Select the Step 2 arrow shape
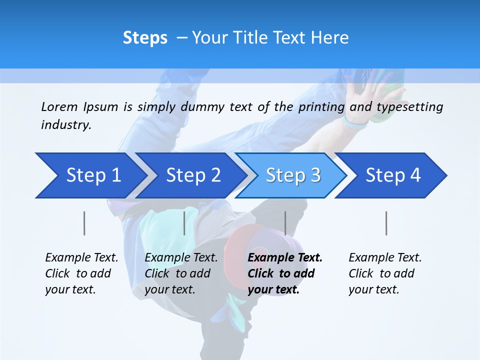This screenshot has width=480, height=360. [190, 175]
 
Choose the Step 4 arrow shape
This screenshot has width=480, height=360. [391, 175]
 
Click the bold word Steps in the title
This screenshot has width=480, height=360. [145, 38]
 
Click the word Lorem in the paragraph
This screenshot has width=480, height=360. [59, 106]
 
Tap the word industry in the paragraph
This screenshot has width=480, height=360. [65, 125]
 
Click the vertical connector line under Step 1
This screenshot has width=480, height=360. [84, 223]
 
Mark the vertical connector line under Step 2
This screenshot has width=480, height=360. [184, 223]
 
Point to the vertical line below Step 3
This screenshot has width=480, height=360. [285, 223]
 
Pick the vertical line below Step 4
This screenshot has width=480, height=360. [386, 223]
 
